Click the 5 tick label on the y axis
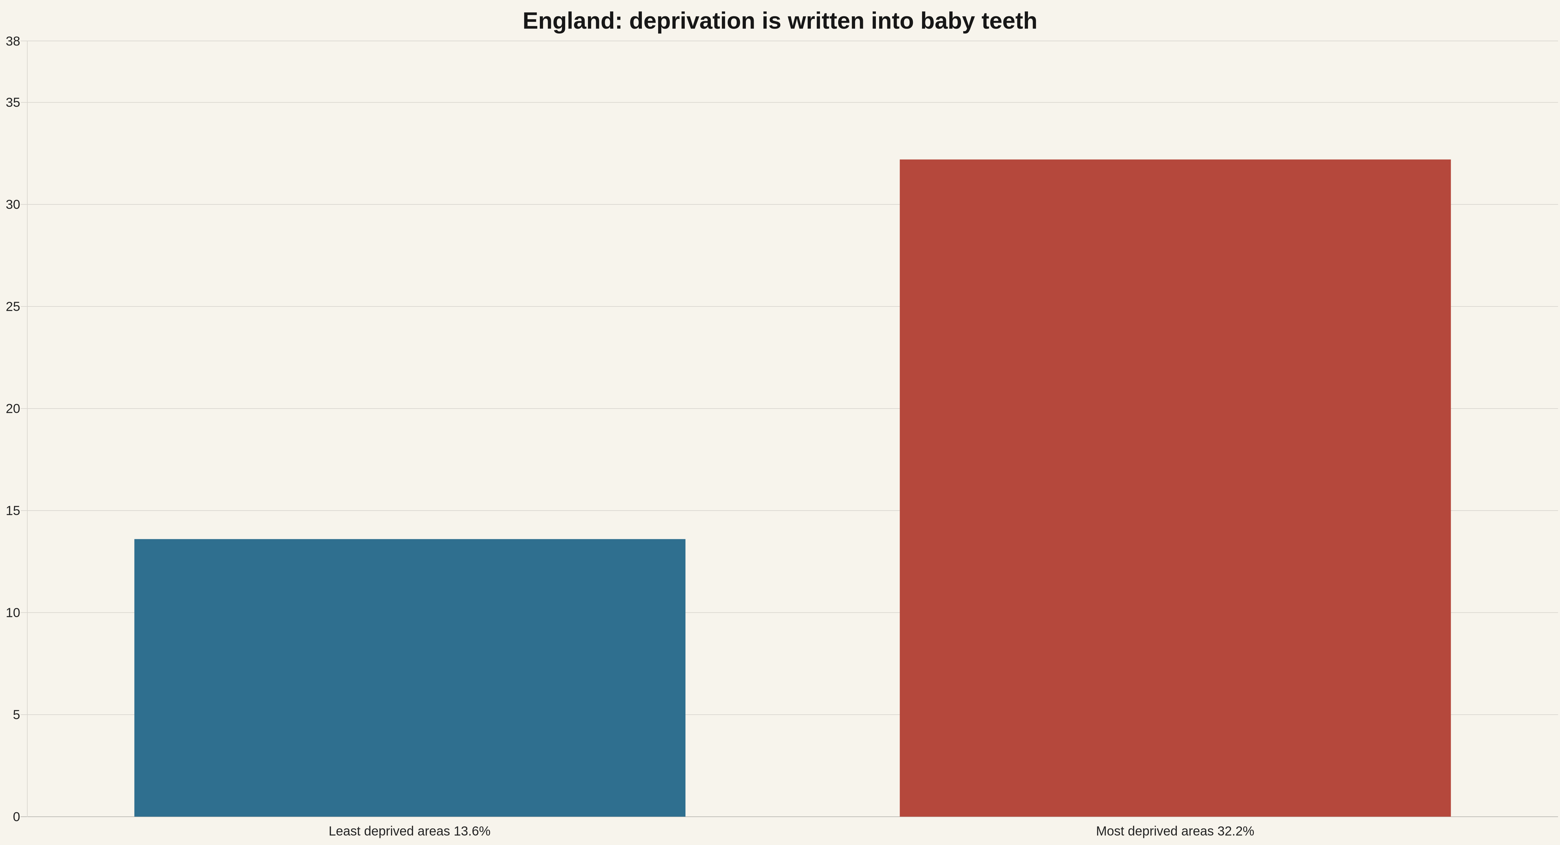(x=16, y=715)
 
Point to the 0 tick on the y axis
(x=16, y=816)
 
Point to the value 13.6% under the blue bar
(x=472, y=831)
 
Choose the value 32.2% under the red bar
(x=1235, y=831)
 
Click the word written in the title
(x=826, y=21)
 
